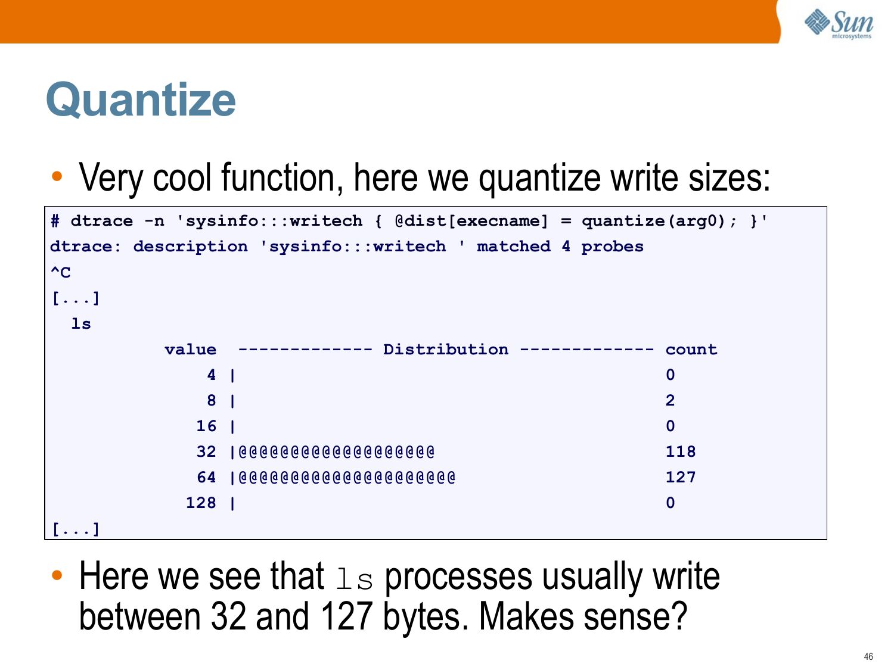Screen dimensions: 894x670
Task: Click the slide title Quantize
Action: point(141,99)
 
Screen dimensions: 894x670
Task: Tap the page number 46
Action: point(868,656)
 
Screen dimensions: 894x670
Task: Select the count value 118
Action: point(680,451)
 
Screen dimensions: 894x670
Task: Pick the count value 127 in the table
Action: point(680,477)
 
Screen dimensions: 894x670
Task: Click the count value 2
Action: point(670,400)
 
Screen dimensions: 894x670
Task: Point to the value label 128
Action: point(201,503)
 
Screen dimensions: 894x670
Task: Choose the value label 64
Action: point(206,477)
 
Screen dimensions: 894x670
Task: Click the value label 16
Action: point(206,425)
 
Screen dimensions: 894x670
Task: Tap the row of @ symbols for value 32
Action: point(336,451)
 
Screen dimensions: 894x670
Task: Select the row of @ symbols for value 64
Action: point(347,477)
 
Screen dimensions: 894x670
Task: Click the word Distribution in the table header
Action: point(446,350)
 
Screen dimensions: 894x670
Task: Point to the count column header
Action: point(691,350)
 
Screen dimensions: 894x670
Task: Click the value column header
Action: point(190,350)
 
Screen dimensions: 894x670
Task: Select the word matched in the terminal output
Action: point(514,247)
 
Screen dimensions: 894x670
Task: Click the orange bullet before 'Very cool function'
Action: point(57,176)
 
